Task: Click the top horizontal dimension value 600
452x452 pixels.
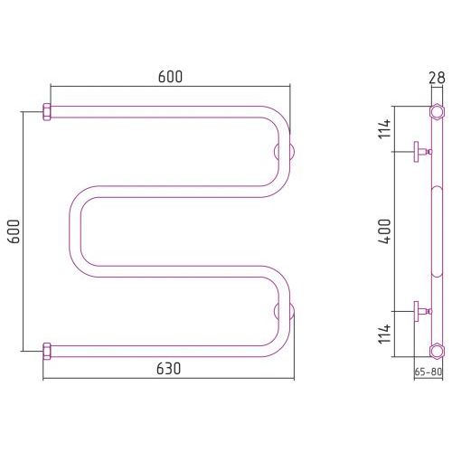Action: click(170, 77)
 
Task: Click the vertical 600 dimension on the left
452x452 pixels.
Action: click(14, 231)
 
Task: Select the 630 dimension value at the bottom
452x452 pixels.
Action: click(169, 369)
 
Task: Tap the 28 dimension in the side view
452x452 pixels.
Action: click(437, 78)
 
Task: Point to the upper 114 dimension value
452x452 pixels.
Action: click(385, 128)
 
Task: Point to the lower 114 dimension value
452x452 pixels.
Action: click(385, 334)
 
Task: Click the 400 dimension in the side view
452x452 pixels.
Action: click(385, 231)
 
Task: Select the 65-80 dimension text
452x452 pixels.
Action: click(428, 372)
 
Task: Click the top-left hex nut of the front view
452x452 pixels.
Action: click(47, 112)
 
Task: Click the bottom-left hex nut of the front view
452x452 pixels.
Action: click(47, 352)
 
